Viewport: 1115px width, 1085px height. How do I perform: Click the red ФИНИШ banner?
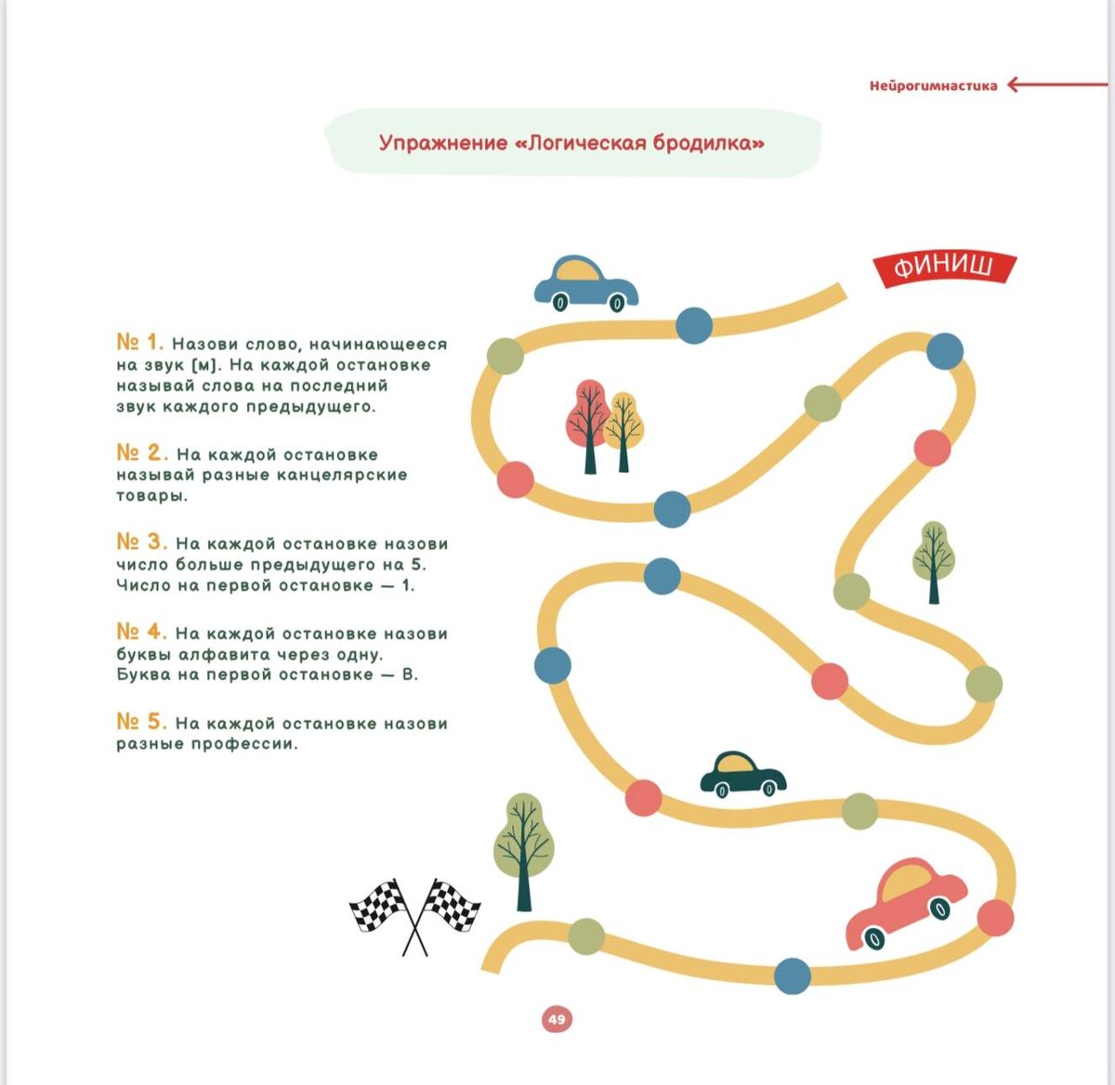943,268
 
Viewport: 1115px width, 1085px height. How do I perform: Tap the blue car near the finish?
585,283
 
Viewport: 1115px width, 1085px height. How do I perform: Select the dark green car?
742,773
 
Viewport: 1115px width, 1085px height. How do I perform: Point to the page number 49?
557,1019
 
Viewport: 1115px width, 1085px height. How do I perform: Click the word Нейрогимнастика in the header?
933,85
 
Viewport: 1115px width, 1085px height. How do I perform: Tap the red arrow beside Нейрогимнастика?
1056,85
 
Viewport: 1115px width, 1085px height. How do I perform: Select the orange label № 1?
139,342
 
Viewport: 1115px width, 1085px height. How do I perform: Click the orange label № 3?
141,542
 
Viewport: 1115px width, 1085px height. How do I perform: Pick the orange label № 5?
141,722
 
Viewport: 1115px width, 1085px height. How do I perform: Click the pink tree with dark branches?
587,423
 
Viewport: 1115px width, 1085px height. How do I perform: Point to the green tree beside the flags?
523,847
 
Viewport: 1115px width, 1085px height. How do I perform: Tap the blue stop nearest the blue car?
693,325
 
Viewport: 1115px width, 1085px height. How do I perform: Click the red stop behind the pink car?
995,917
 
